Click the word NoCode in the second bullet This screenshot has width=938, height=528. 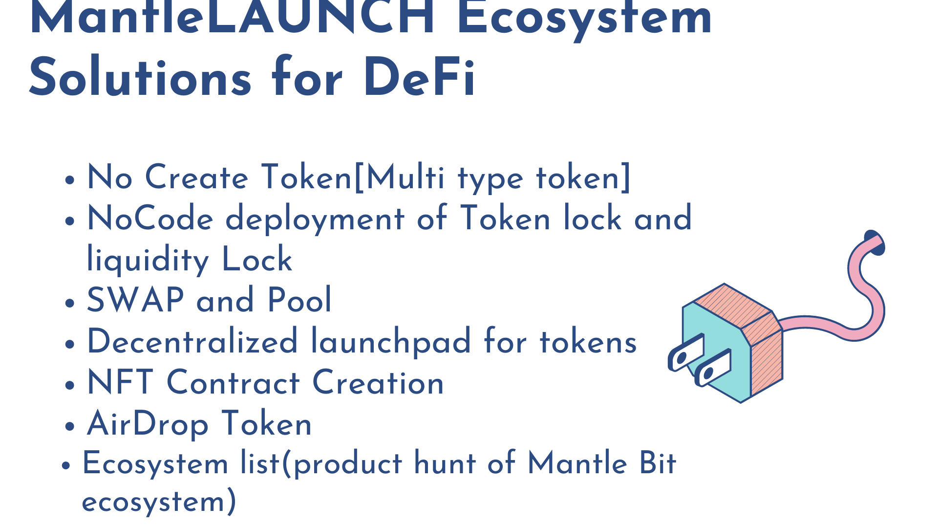pos(150,218)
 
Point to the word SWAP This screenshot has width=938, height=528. pos(135,300)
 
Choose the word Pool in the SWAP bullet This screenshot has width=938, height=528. pos(299,300)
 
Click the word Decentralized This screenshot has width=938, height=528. pos(192,341)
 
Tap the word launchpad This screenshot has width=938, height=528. pos(391,342)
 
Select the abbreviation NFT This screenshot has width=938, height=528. pos(120,382)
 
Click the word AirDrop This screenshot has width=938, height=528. pos(148,424)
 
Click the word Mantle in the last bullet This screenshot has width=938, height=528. pos(577,463)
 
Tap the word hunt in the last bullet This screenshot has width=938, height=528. pos(445,463)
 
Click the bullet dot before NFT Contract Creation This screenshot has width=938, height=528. pos(70,384)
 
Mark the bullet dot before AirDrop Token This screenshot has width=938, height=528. pos(70,425)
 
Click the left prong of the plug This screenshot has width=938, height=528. pos(686,353)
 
